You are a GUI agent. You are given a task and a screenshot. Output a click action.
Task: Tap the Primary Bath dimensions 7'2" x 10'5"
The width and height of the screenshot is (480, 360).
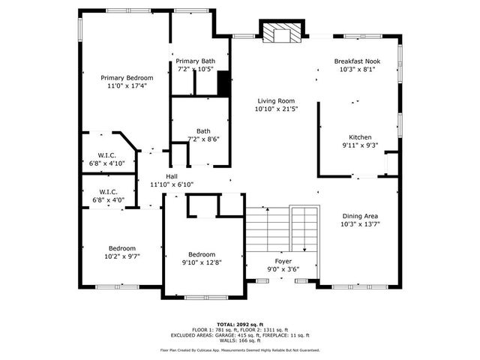click(196, 69)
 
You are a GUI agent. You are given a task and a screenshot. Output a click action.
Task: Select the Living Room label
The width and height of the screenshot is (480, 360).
click(276, 100)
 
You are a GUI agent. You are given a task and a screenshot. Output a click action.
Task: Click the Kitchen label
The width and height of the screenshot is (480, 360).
click(358, 137)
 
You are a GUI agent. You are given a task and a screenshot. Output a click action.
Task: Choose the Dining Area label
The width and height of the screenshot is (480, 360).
click(360, 215)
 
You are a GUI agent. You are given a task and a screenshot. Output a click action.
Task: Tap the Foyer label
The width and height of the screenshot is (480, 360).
click(282, 261)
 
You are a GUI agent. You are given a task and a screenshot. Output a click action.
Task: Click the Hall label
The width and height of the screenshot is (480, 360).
click(172, 175)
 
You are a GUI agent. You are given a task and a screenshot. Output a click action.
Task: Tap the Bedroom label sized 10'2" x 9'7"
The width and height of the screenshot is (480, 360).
click(121, 248)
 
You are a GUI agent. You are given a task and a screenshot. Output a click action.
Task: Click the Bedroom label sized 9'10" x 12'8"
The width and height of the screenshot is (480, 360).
click(202, 253)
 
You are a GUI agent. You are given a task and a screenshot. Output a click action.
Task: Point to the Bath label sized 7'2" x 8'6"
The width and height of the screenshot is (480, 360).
click(203, 130)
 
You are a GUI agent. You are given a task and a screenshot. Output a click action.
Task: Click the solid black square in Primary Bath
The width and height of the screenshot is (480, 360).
click(223, 85)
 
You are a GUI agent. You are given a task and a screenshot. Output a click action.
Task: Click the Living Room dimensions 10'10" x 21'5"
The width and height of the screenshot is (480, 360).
click(276, 109)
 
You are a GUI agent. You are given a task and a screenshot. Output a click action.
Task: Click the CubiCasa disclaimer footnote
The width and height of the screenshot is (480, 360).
click(239, 350)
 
